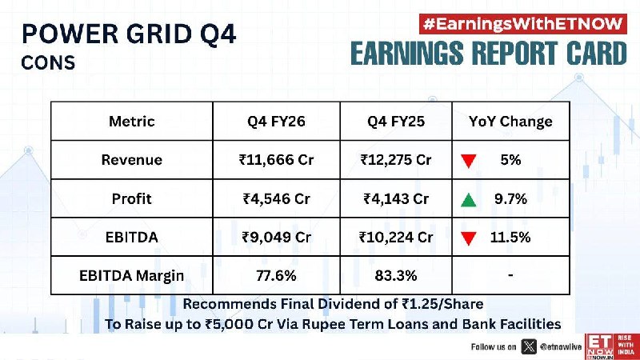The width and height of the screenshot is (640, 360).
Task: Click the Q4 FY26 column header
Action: click(x=276, y=122)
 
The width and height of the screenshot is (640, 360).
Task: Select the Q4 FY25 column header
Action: click(x=396, y=122)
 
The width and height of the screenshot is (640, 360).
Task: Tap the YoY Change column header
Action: click(x=510, y=122)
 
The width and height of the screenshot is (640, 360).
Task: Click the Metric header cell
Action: click(x=132, y=122)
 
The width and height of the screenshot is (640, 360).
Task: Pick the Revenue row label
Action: click(x=132, y=159)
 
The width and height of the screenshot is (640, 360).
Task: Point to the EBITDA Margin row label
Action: click(x=132, y=275)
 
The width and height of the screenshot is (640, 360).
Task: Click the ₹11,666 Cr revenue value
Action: click(x=276, y=159)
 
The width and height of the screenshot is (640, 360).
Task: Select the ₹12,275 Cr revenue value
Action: click(x=396, y=159)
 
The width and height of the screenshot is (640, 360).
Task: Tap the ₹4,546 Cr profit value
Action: click(x=276, y=198)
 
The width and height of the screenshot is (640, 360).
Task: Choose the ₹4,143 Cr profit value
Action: click(x=396, y=198)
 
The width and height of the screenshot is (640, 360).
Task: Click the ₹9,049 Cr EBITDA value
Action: click(x=276, y=237)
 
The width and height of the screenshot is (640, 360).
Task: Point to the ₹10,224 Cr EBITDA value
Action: click(x=396, y=237)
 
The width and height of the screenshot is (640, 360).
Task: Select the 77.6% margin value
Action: click(x=276, y=275)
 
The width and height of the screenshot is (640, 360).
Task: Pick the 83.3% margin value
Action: click(x=396, y=275)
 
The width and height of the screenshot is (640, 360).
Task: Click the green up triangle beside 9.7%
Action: click(x=469, y=199)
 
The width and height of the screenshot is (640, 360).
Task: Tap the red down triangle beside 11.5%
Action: click(x=469, y=238)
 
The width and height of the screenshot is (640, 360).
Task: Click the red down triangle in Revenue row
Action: click(x=469, y=161)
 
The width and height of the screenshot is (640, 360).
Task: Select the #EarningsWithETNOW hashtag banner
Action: click(x=523, y=24)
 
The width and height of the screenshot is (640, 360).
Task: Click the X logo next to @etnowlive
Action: click(x=529, y=347)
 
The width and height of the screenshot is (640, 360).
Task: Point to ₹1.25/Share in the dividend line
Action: click(x=442, y=304)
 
